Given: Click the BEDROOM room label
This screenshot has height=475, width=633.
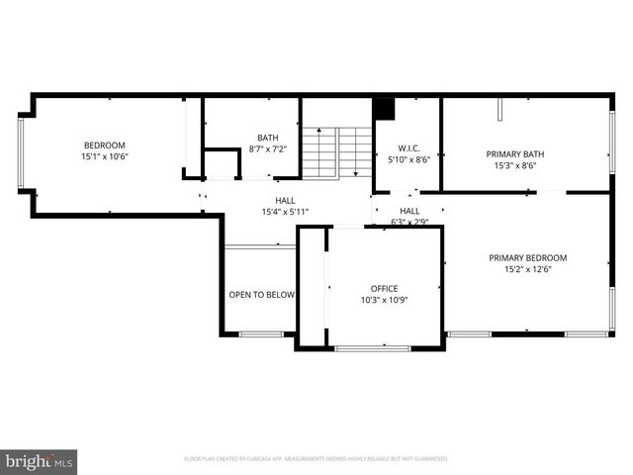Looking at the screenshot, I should [105, 144].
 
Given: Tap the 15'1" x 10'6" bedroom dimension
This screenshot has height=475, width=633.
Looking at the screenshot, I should [105, 156].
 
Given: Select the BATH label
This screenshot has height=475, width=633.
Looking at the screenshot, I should [267, 138].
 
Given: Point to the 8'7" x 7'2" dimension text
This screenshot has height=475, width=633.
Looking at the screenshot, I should [267, 149].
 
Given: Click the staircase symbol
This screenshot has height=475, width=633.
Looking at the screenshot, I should [336, 152].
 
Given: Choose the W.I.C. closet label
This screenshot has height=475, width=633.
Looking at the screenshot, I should [407, 147].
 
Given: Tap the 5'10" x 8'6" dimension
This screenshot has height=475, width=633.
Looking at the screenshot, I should [407, 158].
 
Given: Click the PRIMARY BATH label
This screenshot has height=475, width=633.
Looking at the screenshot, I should [515, 153].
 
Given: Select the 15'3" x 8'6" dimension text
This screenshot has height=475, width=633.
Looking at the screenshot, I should [515, 165].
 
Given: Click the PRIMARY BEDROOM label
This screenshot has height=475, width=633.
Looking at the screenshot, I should [528, 258].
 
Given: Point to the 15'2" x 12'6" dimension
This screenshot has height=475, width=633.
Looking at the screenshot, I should [528, 270].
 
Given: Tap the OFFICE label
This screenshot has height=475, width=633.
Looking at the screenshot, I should [384, 288].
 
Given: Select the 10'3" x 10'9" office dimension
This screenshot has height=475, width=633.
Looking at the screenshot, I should [384, 300].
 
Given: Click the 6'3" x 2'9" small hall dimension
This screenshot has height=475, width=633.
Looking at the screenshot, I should [408, 222].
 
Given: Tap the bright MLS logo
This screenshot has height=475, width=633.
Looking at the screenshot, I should [40, 460].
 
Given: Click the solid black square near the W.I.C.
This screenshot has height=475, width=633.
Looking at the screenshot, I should [384, 108].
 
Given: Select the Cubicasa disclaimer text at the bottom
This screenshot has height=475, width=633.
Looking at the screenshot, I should [316, 459].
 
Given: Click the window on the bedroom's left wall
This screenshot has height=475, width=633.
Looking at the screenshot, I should [21, 153].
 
